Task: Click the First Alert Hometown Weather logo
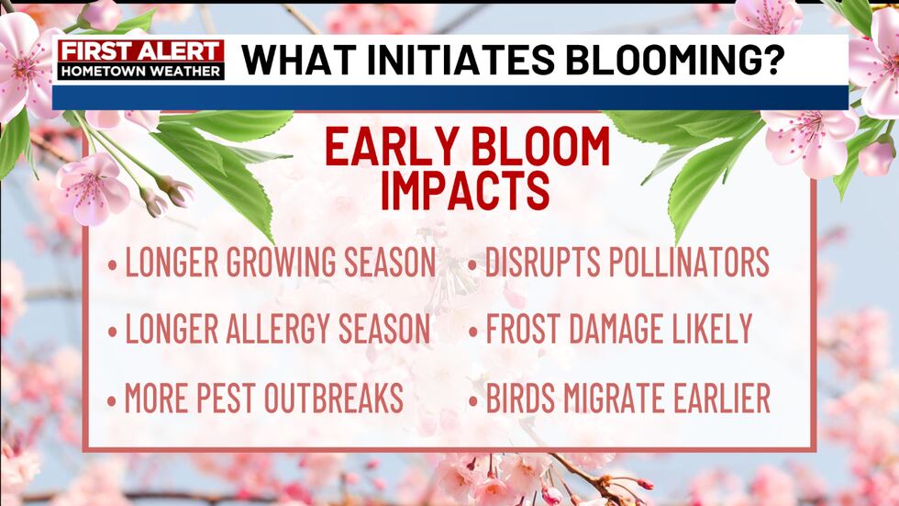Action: click(141, 60)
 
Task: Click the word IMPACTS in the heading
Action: click(465, 190)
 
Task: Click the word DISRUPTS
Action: click(538, 264)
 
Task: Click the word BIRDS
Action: click(518, 398)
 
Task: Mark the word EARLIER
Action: click(726, 398)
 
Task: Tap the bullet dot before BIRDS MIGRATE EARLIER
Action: click(472, 400)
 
